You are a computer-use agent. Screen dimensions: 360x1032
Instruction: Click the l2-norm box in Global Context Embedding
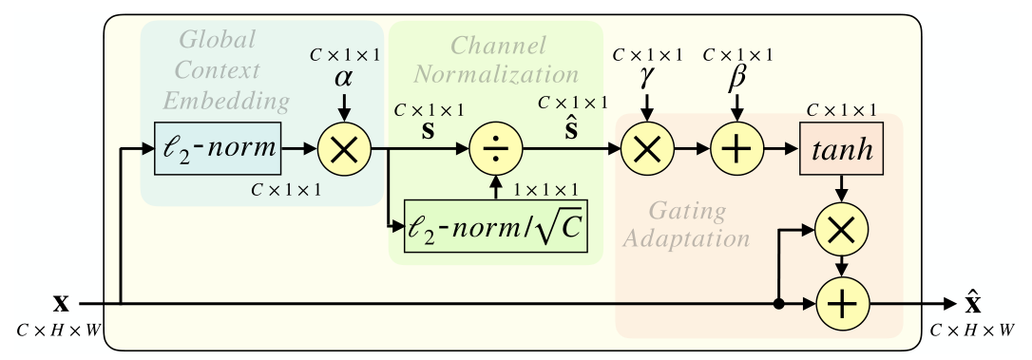coord(219,149)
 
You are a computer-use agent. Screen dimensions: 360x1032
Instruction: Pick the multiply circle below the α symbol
coord(344,149)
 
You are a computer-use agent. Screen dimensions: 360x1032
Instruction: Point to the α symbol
coord(343,80)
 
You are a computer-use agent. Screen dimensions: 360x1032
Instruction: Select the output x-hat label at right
coord(972,303)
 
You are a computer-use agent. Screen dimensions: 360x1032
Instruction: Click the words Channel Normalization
coord(513,60)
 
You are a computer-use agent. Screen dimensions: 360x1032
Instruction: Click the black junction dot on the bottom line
coord(778,305)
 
